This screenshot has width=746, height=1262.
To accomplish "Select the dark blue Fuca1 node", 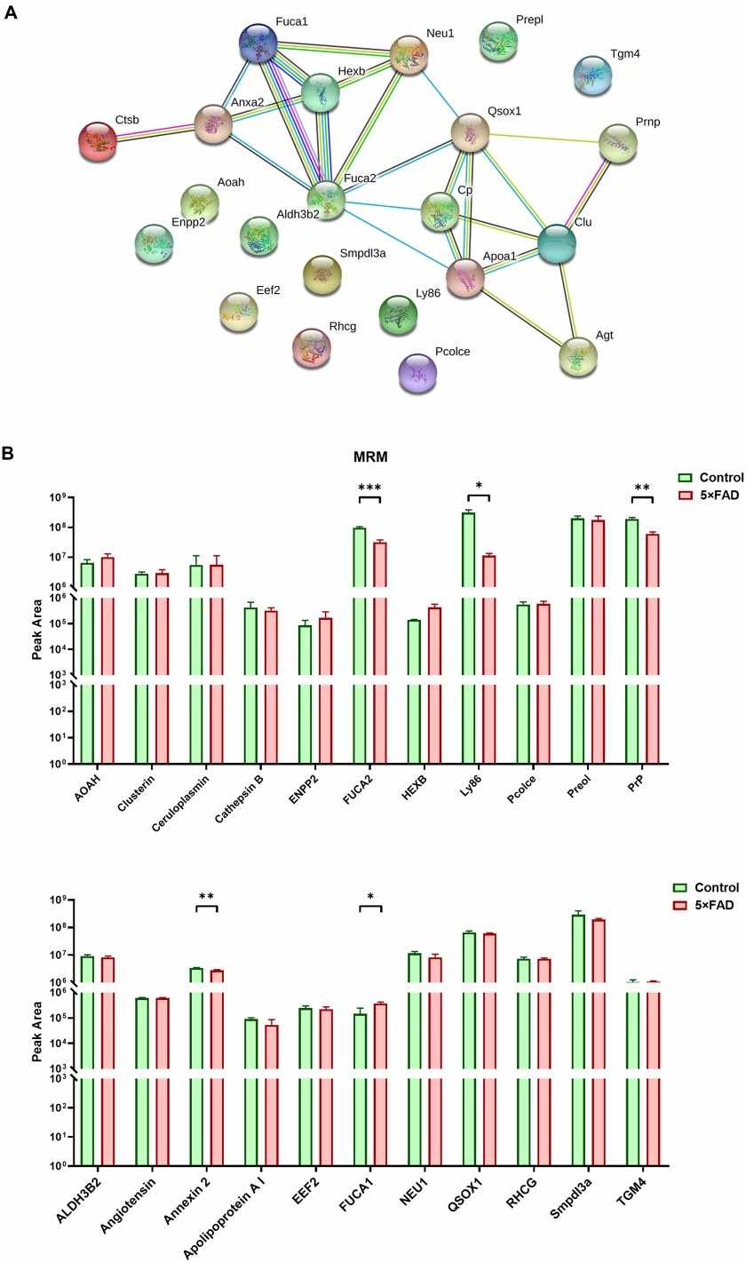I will (x=258, y=43).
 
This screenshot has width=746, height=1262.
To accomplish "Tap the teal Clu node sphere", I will (x=557, y=243).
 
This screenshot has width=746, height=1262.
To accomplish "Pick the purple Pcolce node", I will (x=417, y=372).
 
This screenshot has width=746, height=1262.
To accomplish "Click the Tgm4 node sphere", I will (x=592, y=75).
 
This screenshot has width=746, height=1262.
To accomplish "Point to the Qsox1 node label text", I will (x=504, y=112).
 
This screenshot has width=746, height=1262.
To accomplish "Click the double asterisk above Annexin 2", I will (x=206, y=897).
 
